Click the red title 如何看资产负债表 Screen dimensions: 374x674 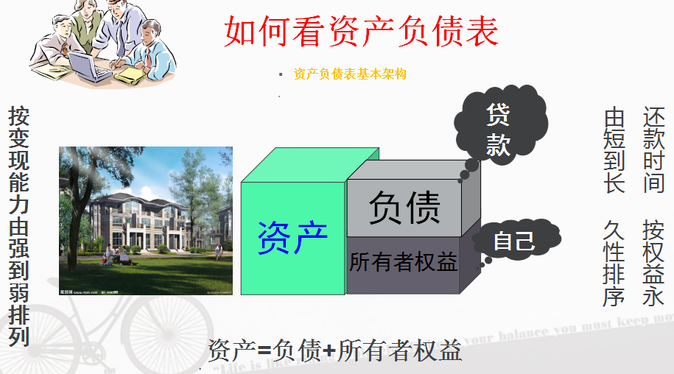click(361, 30)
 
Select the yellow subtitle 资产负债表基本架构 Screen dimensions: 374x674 click(350, 74)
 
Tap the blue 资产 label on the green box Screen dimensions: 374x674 click(292, 237)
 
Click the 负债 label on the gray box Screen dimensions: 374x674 click(404, 207)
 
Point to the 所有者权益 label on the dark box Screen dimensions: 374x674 click(403, 262)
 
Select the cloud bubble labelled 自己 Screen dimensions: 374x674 click(515, 241)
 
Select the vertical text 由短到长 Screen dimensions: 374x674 click(614, 150)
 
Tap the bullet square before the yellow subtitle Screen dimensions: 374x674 click(280, 74)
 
